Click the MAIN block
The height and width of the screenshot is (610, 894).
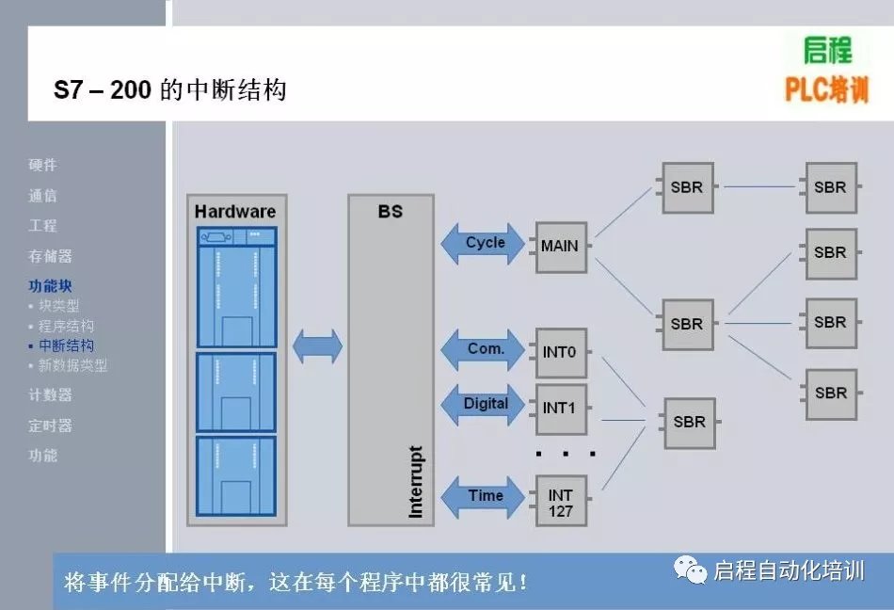(561, 247)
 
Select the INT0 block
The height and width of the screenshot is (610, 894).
(561, 352)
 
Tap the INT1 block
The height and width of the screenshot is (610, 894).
(561, 409)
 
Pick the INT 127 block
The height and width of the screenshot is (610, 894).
(561, 501)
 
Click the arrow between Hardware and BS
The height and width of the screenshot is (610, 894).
(317, 346)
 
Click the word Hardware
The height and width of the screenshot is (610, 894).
(235, 211)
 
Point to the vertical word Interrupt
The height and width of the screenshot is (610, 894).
(415, 481)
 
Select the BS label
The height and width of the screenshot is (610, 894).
(391, 212)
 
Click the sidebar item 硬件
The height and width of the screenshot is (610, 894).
(42, 165)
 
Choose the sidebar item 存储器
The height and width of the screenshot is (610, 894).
(50, 256)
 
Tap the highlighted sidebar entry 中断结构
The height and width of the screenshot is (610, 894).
(66, 345)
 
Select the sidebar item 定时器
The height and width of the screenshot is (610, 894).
(50, 425)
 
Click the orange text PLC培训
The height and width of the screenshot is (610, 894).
(826, 90)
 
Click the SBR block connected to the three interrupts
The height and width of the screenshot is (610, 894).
(689, 423)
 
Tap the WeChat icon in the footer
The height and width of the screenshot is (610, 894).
(691, 570)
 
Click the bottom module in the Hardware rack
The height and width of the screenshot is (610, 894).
(235, 475)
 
